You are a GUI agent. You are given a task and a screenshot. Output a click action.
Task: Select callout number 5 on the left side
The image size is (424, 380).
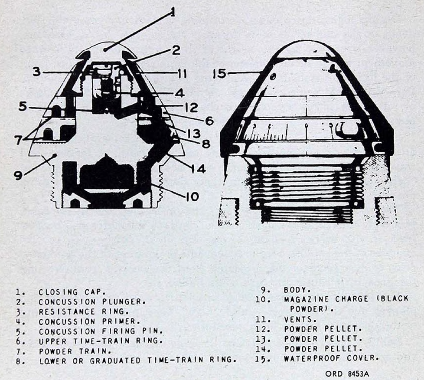(23, 106)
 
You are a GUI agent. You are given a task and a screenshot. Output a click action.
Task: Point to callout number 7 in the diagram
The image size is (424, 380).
(18, 140)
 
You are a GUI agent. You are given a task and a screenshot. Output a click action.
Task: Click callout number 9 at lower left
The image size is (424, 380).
(18, 175)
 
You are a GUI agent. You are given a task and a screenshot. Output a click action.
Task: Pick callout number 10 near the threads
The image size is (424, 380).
(192, 197)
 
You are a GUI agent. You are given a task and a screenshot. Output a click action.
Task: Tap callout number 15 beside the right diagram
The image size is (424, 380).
(219, 74)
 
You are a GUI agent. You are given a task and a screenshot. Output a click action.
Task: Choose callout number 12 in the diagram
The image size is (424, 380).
(192, 108)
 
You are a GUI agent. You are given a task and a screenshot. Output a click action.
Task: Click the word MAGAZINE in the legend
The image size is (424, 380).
(307, 299)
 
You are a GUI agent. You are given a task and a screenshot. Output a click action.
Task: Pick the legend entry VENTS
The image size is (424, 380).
(300, 320)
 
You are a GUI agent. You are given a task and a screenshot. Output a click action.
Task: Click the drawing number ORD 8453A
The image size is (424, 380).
(347, 374)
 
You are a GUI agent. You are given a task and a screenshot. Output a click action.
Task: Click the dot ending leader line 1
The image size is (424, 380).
(105, 49)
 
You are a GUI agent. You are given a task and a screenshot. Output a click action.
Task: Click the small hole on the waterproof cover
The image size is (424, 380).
(273, 77)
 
